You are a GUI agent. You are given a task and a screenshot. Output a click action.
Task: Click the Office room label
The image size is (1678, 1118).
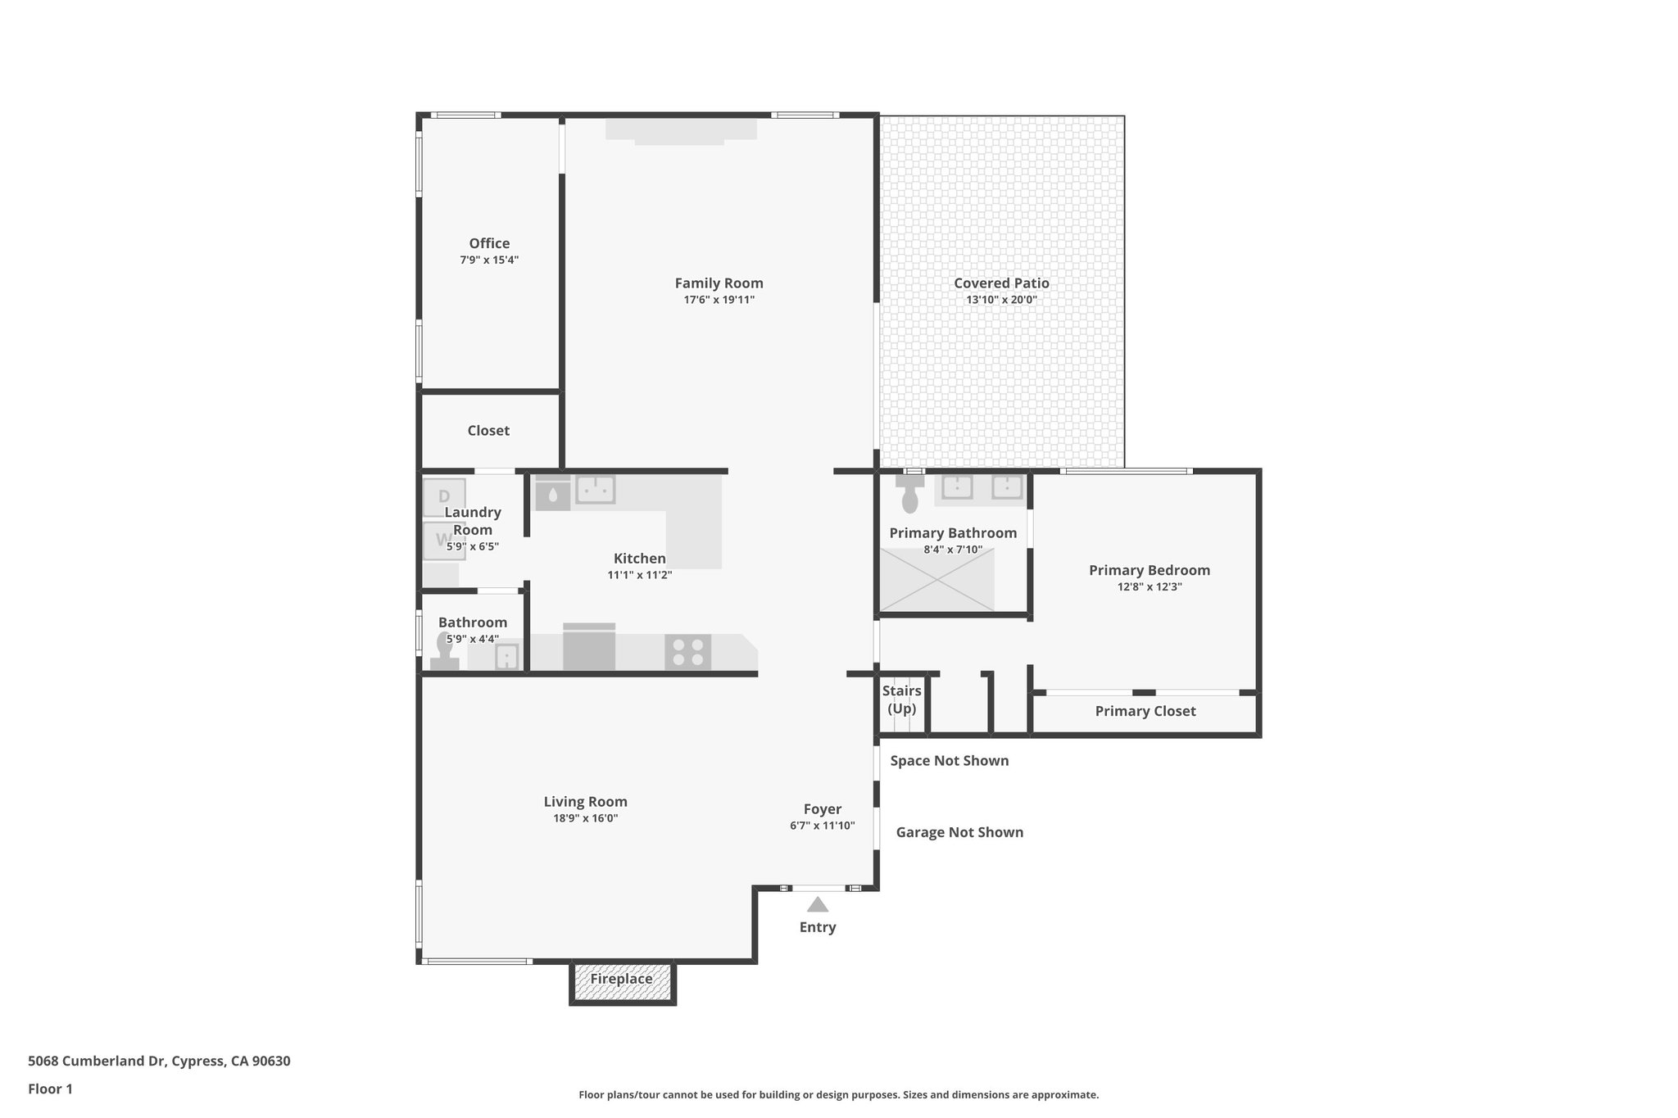[489, 243]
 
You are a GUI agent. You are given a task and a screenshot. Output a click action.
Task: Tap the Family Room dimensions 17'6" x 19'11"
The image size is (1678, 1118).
[719, 300]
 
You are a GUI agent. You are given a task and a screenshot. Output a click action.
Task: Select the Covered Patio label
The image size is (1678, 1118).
[1001, 283]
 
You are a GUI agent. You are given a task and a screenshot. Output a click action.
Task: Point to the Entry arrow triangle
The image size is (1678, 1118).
[817, 905]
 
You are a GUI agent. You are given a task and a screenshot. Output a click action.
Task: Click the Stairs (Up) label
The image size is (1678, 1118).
[901, 699]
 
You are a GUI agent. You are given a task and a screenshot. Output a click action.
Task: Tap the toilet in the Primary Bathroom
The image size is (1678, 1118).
[909, 494]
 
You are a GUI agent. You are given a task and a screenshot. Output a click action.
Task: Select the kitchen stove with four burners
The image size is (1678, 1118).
[687, 653]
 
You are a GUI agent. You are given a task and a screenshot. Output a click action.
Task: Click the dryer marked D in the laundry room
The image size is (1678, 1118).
[444, 497]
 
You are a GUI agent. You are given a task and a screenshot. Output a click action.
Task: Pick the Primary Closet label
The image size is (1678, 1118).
[1145, 711]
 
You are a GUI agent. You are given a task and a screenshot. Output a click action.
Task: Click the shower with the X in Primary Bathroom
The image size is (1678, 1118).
[937, 580]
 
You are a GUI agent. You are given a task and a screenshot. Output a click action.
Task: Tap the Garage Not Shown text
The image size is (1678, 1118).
[959, 832]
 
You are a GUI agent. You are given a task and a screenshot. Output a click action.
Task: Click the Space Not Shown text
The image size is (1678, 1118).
[949, 761]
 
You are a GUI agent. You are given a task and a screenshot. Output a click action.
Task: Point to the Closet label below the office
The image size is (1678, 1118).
[488, 431]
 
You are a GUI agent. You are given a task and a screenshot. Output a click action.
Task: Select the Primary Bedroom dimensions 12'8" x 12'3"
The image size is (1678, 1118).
[1149, 586]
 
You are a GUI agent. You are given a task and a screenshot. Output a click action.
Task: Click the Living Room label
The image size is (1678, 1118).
[585, 802]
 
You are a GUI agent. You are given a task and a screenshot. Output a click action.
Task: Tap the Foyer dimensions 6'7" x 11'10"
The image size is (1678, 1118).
[822, 826]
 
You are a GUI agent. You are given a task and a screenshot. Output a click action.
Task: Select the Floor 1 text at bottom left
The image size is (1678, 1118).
[50, 1089]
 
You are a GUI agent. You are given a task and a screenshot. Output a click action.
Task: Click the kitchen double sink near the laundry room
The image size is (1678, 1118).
[596, 489]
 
